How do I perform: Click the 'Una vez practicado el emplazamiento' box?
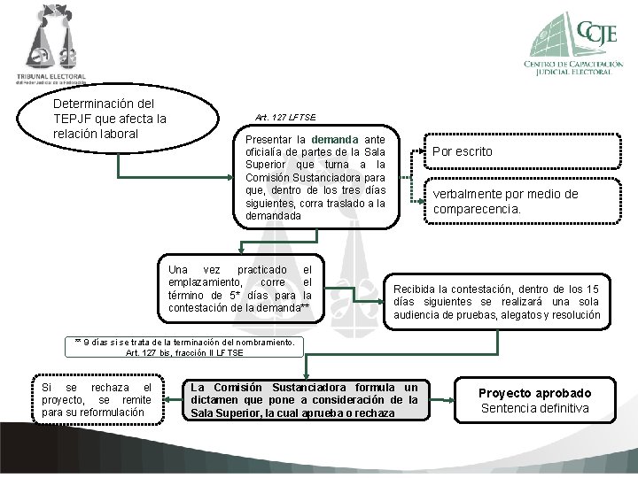[240, 288]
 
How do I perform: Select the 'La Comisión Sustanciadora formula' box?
[304, 400]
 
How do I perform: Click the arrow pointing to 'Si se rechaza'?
[169, 400]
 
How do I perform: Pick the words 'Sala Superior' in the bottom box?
[226, 413]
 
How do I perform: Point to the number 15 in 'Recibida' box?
[592, 289]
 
